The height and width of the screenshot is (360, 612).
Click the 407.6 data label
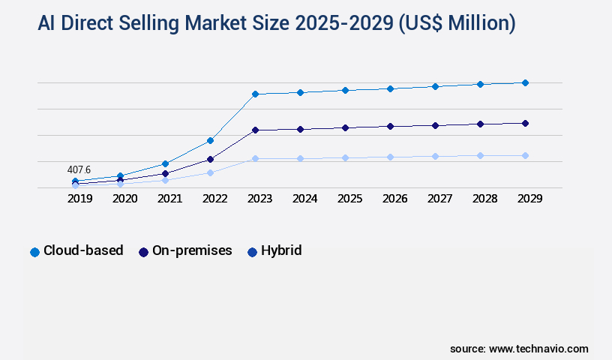[79, 169]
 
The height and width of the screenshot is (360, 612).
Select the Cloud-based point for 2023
[255, 94]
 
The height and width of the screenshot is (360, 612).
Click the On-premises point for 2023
[255, 130]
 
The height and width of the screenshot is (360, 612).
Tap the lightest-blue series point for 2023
[255, 158]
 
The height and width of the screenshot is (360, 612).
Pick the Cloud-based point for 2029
[525, 82]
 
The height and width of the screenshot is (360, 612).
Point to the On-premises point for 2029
[525, 123]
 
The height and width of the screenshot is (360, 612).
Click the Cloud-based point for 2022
[210, 140]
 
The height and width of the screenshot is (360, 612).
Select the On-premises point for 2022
[210, 159]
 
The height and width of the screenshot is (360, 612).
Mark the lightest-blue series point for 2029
[525, 155]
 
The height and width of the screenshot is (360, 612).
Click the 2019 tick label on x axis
[79, 199]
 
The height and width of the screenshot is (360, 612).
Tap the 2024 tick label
[304, 199]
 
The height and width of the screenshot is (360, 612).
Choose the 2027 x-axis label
[439, 199]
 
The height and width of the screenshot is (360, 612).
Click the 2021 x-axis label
[169, 199]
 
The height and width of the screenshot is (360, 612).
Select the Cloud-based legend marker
[34, 252]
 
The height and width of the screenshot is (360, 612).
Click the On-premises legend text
[192, 250]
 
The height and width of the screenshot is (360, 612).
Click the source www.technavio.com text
[519, 349]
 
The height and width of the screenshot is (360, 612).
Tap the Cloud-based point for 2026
[390, 88]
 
